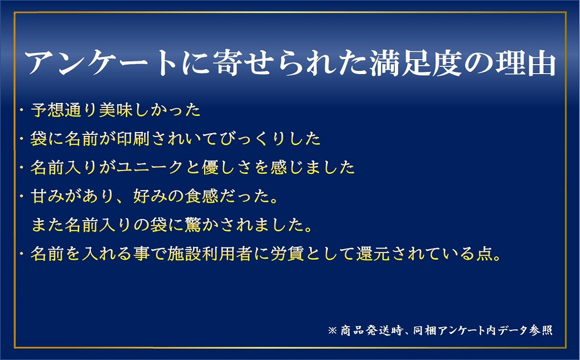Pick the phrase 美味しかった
click(x=149, y=110)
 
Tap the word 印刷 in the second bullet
click(x=133, y=139)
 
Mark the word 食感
click(x=201, y=196)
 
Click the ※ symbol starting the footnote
click(x=332, y=330)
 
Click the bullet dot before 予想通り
click(x=22, y=110)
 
